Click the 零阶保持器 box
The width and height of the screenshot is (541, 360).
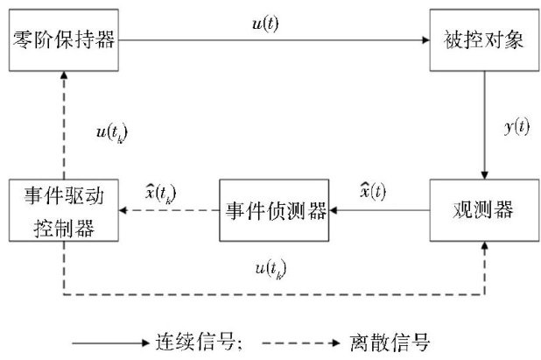(x=64, y=39)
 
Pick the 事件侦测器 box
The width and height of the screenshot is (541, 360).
(x=273, y=210)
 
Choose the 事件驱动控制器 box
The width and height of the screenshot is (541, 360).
(x=62, y=210)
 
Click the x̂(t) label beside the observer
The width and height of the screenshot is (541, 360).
(x=372, y=191)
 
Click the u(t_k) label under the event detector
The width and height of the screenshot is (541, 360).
(x=268, y=265)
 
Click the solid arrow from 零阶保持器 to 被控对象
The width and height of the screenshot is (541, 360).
(x=271, y=39)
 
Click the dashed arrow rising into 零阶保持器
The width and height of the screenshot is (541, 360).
(x=64, y=123)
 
